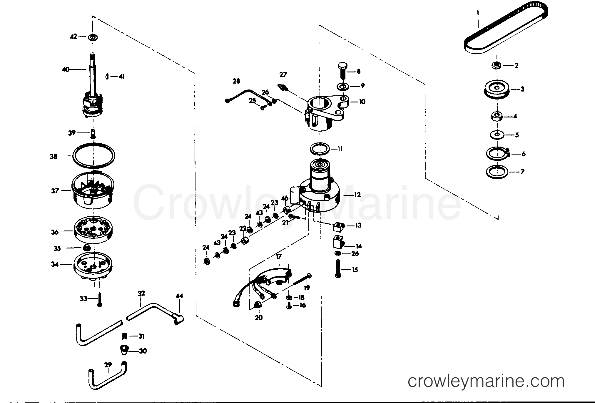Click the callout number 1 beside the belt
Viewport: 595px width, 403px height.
click(x=478, y=13)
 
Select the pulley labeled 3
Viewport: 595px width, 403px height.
click(x=497, y=89)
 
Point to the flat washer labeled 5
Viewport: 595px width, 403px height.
click(x=497, y=135)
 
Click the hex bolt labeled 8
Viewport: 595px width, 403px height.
click(x=343, y=71)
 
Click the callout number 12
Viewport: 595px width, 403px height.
click(x=357, y=195)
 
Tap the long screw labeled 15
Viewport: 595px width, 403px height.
click(x=338, y=268)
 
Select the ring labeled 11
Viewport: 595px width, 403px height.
click(x=320, y=148)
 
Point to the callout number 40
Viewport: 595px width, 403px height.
click(x=66, y=69)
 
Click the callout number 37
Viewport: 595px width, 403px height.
click(x=55, y=191)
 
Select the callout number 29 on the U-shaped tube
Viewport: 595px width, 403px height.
click(x=108, y=365)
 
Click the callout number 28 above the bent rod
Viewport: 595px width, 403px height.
click(x=236, y=81)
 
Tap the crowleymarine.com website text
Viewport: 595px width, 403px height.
click(x=486, y=381)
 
